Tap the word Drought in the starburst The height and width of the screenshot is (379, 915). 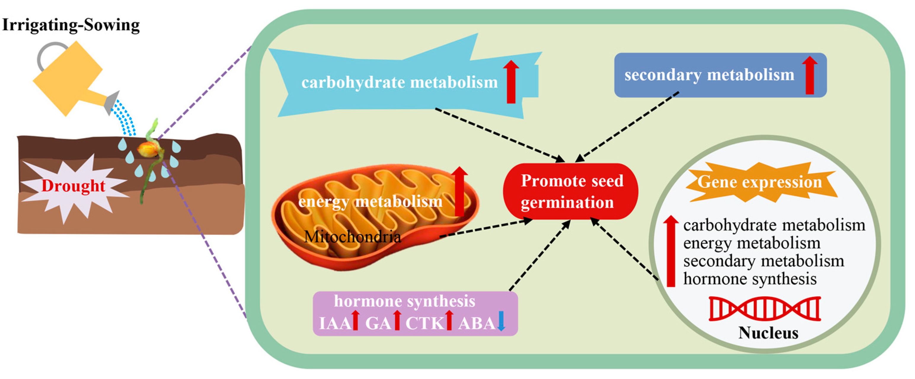(x=73, y=186)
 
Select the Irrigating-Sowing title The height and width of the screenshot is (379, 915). (x=71, y=25)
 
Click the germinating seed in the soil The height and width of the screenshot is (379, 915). (x=148, y=150)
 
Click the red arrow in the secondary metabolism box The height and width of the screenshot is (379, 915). (x=809, y=75)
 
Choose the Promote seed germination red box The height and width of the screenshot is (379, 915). (x=571, y=191)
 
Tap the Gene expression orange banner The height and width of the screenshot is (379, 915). (x=760, y=182)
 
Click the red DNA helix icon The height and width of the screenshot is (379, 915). (x=764, y=308)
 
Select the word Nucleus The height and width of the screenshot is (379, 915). (x=768, y=333)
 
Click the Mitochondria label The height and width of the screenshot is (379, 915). (x=352, y=236)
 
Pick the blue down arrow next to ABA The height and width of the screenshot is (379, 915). (x=501, y=320)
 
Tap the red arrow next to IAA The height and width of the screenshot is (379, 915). (x=355, y=320)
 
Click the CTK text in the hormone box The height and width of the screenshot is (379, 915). (x=425, y=323)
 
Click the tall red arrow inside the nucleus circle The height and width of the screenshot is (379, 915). (x=671, y=251)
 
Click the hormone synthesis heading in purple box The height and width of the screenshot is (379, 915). (x=405, y=301)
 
